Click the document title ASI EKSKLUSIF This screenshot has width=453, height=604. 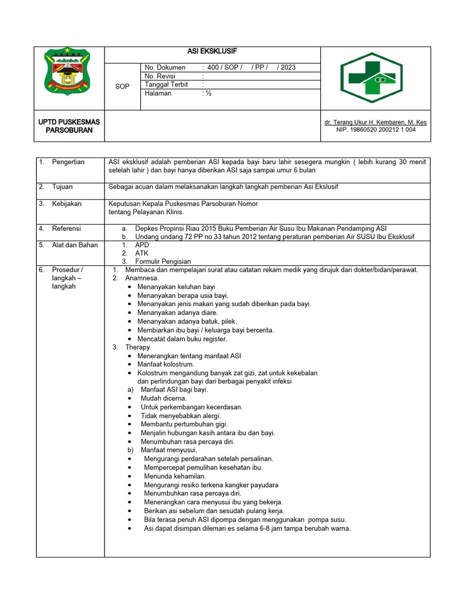pos(212,52)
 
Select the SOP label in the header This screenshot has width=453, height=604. pos(122,87)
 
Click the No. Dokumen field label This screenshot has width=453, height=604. pos(165,67)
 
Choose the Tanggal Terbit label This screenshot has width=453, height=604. pos(166,84)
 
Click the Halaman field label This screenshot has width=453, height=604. pos(158,93)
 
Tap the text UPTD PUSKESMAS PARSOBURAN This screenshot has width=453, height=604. pos(69,126)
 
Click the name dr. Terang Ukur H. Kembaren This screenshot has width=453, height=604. pos(375,122)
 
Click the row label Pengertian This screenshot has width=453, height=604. pos(68,162)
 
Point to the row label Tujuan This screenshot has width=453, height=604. pos(63,186)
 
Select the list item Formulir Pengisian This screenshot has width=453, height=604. pos(163,261)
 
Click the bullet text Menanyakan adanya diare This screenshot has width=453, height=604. pos(178,313)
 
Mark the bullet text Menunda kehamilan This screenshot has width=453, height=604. pos(175,476)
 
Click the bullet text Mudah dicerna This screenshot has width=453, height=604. pos(163,398)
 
